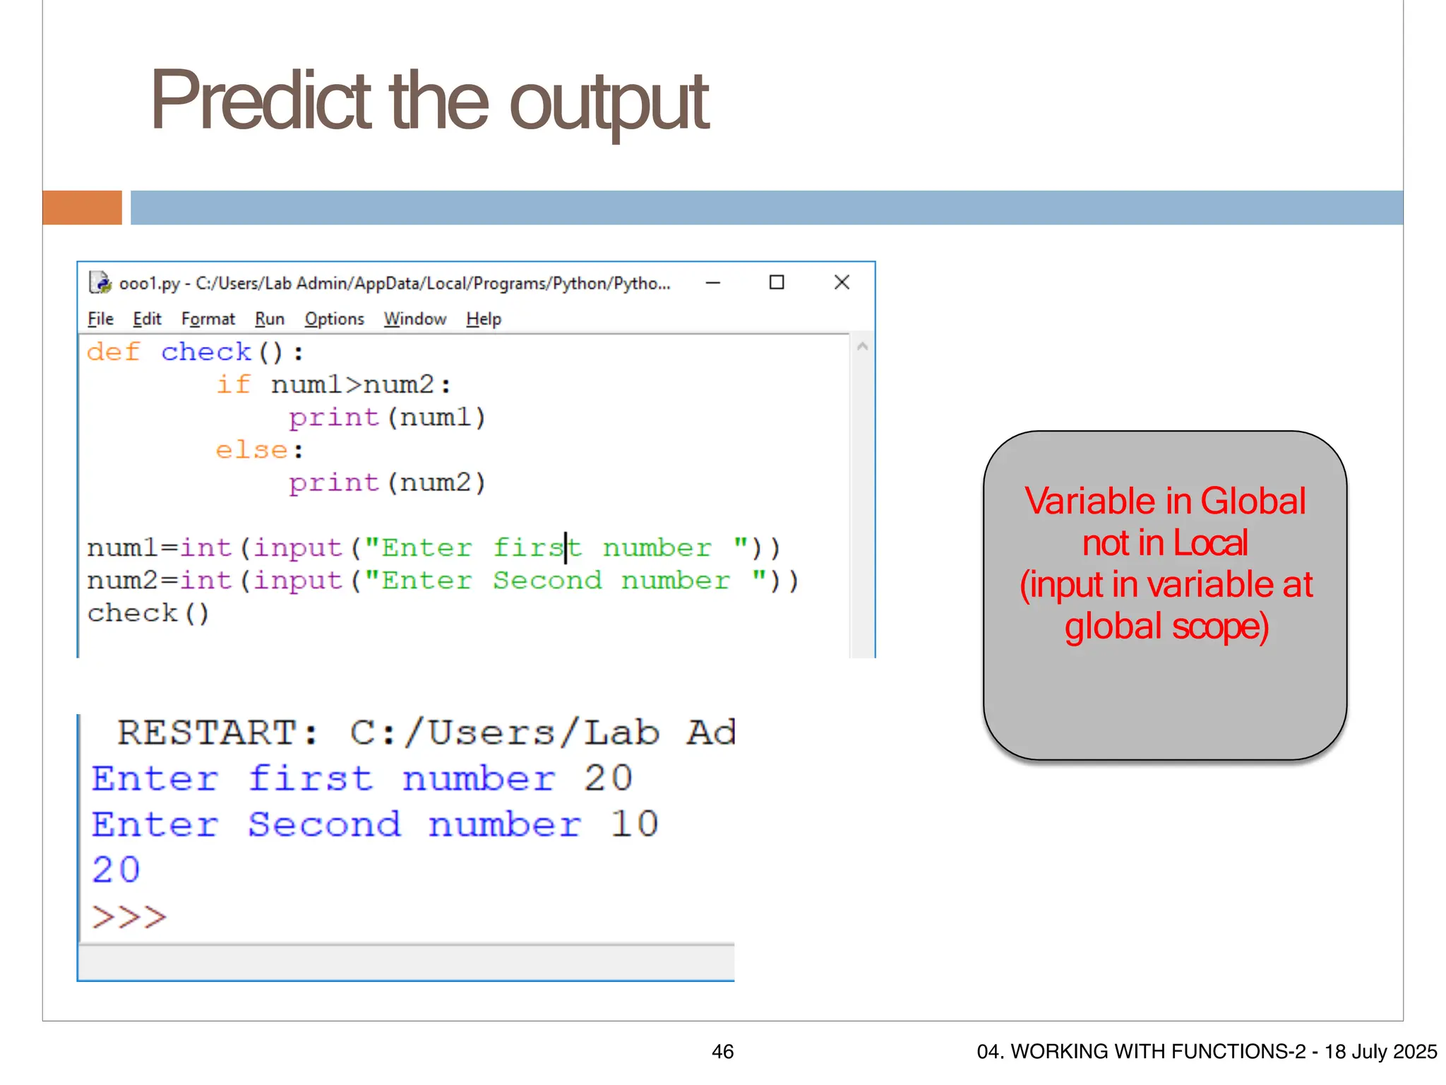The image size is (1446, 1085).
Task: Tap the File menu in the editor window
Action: (x=100, y=319)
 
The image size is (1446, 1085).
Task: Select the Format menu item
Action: (x=208, y=319)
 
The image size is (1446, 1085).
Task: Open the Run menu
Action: (x=269, y=319)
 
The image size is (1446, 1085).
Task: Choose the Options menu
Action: (x=334, y=319)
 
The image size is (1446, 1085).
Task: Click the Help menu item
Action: (x=483, y=319)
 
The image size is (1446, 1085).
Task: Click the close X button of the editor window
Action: (x=842, y=283)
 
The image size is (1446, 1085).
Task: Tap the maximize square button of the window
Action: (x=777, y=283)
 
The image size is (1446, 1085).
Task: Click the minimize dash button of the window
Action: (x=713, y=283)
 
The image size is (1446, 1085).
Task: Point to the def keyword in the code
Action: (x=113, y=352)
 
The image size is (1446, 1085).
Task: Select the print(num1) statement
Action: (x=387, y=417)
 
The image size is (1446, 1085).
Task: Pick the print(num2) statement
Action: (x=387, y=483)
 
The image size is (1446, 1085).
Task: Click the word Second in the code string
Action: (x=547, y=581)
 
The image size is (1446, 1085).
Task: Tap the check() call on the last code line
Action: (x=148, y=613)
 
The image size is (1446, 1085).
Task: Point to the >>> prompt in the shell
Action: (x=129, y=917)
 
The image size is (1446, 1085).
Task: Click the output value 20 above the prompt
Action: (x=116, y=870)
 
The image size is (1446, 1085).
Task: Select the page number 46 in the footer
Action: (x=722, y=1052)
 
